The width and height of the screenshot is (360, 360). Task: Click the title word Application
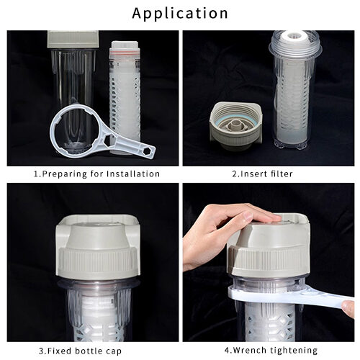click(180, 14)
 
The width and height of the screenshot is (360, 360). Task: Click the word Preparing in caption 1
click(64, 174)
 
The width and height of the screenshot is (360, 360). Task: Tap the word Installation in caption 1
click(133, 174)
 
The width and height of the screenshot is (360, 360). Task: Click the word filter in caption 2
click(282, 174)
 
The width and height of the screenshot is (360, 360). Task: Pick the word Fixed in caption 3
click(60, 351)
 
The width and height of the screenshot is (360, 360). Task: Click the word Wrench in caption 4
click(249, 351)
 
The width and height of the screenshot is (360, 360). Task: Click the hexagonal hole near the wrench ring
click(107, 140)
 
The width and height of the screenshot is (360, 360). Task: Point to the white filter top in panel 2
click(296, 37)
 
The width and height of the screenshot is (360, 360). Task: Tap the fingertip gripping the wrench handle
click(348, 308)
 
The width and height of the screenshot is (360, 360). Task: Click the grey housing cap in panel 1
click(73, 39)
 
